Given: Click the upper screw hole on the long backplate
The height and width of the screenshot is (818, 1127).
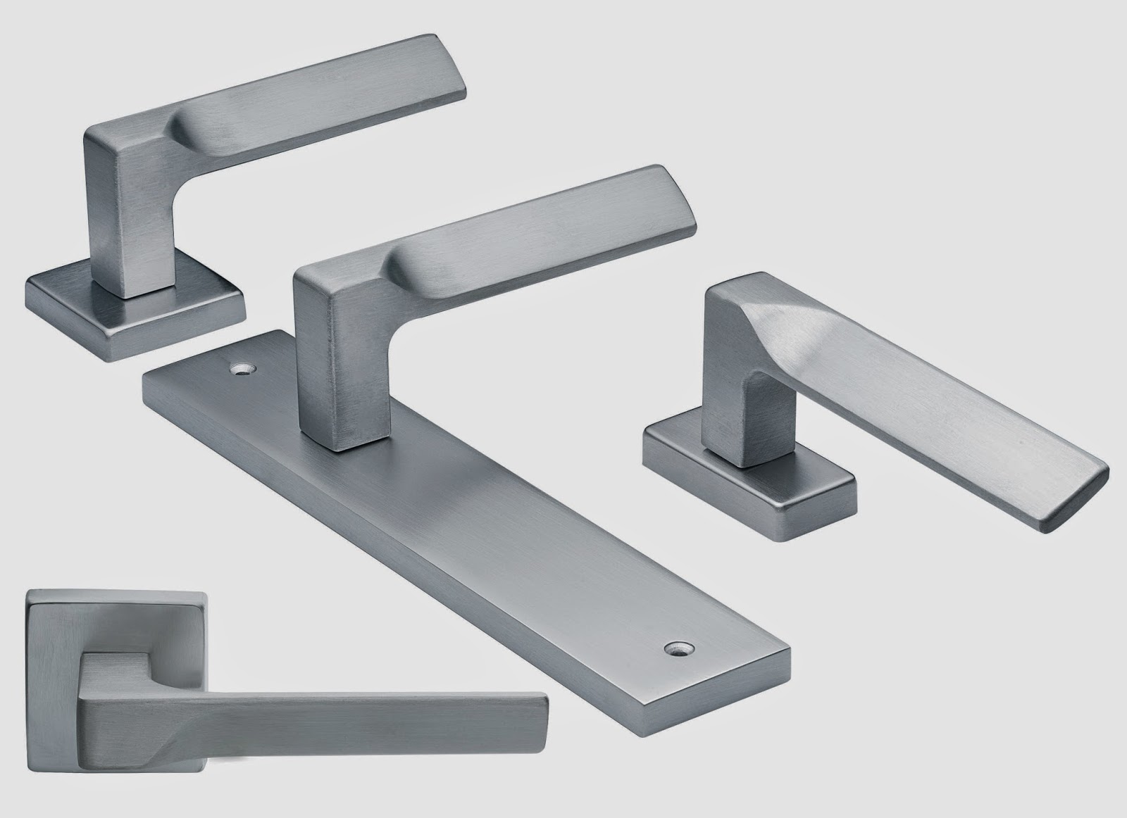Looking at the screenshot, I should point(245,368).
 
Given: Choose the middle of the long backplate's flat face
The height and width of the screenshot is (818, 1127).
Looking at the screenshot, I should point(465,514).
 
